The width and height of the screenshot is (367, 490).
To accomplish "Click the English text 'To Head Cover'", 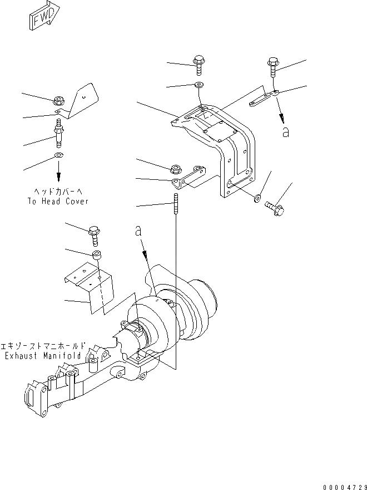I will (57, 201).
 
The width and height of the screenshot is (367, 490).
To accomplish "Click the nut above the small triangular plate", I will (59, 101).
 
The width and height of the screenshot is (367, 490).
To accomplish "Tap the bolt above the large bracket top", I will (199, 65).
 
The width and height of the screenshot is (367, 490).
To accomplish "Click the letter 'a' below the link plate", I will (286, 132).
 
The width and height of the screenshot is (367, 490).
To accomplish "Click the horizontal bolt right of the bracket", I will (275, 207).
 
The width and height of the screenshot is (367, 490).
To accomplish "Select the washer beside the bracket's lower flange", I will (258, 197).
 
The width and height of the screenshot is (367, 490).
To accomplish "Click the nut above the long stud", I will (174, 168).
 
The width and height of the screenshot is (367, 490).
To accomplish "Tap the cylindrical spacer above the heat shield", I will (96, 256).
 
